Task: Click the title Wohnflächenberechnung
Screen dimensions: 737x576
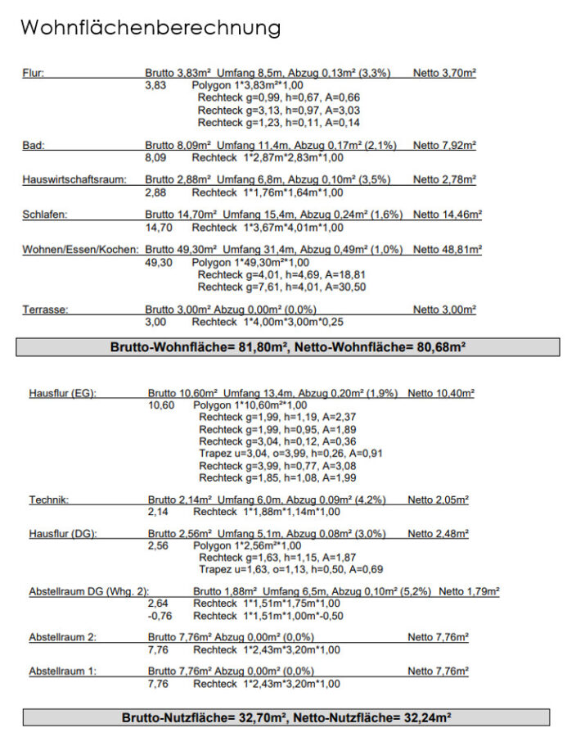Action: [x=151, y=28]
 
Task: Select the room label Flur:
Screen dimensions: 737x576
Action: [x=34, y=73]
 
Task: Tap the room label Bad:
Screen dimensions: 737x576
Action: [x=34, y=146]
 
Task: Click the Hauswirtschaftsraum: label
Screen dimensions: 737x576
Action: [x=74, y=180]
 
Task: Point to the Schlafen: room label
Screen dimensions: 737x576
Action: [x=45, y=215]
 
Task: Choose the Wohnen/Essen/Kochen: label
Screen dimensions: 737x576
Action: [x=80, y=250]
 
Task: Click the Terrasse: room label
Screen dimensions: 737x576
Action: [x=45, y=310]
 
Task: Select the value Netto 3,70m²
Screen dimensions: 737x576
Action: [x=444, y=73]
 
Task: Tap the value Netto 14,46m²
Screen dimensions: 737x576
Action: [x=448, y=215]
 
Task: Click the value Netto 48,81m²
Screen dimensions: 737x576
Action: [x=448, y=250]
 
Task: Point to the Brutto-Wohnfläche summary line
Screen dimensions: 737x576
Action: [x=288, y=347]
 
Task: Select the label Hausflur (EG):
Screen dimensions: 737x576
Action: [x=63, y=393]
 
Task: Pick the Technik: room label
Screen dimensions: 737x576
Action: [x=49, y=500]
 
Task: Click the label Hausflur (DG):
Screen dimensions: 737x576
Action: [x=63, y=534]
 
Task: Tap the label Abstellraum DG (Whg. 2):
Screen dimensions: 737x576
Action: [x=88, y=591]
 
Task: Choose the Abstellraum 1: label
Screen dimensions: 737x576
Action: [x=63, y=671]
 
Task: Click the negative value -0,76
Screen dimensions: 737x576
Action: [x=160, y=616]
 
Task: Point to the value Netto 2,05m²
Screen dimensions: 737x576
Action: [x=439, y=500]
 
